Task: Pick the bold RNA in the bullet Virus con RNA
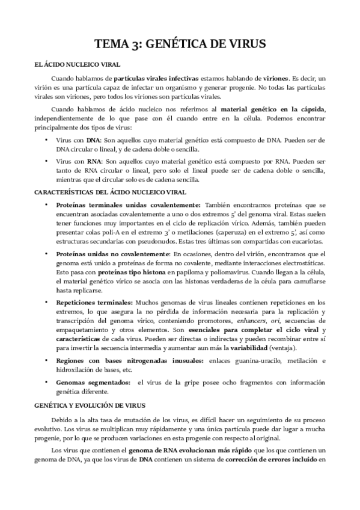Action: (94, 162)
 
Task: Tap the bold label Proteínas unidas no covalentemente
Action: (113, 255)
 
